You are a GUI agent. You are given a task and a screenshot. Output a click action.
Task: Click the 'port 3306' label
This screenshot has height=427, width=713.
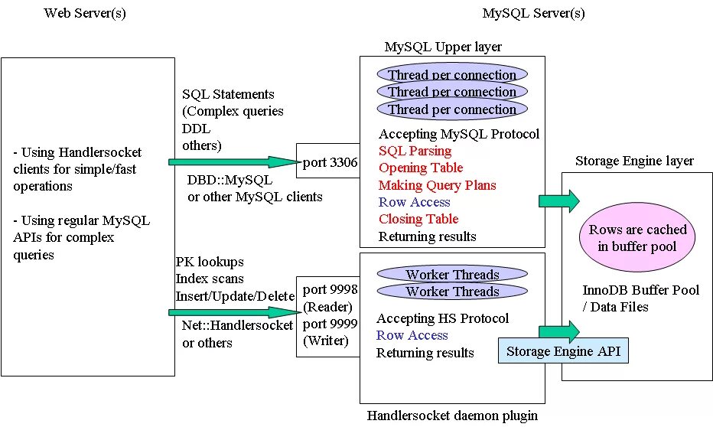coord(330,162)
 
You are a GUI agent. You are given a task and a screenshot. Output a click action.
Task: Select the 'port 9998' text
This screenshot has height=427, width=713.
coord(330,289)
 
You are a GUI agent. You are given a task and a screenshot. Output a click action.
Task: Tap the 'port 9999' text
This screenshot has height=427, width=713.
coord(330,324)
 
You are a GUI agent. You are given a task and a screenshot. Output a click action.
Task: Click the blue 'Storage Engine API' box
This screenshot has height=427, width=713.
coord(563,350)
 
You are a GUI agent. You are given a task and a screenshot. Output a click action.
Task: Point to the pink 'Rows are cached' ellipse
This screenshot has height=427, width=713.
coord(637,237)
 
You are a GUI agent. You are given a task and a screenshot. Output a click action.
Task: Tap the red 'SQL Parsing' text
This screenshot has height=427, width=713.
coord(415,151)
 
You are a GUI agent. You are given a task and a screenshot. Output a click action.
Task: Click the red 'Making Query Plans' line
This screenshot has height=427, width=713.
coord(438,185)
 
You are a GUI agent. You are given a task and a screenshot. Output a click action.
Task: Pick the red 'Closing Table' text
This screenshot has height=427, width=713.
coord(418,219)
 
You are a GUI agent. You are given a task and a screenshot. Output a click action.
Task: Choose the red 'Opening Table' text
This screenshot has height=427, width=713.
coord(421,168)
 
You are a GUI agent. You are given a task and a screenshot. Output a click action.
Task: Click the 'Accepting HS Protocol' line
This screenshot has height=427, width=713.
coord(442,318)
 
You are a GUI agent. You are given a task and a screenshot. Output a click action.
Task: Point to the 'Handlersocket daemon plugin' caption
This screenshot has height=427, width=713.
coord(452,416)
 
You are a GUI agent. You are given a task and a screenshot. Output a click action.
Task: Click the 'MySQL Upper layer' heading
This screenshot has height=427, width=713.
coord(444,47)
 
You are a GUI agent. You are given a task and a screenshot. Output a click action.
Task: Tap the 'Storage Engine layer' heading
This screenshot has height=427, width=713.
coord(634,161)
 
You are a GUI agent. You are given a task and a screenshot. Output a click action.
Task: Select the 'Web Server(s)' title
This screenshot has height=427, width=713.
coord(85,13)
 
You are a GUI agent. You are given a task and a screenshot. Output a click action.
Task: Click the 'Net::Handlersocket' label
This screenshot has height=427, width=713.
coord(237,325)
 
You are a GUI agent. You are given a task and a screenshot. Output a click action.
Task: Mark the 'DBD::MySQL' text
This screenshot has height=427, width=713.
coord(230,180)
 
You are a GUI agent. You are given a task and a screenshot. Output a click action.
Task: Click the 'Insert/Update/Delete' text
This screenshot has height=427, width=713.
coord(235,296)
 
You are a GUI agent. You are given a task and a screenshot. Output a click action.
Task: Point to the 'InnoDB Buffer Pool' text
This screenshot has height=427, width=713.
coord(640,290)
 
